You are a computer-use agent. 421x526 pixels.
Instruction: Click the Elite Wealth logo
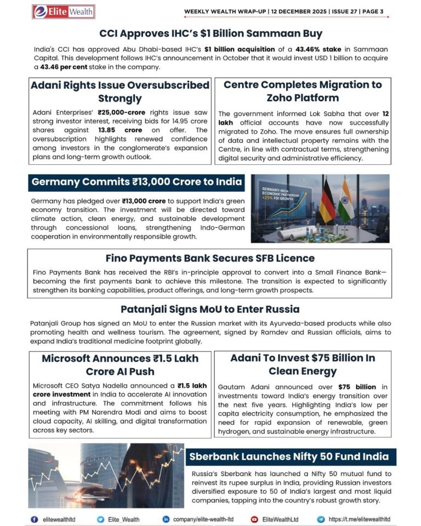[x=63, y=12]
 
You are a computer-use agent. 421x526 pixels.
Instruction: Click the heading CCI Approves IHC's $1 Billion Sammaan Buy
[x=210, y=34]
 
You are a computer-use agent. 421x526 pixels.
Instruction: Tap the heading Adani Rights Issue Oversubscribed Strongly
[x=120, y=92]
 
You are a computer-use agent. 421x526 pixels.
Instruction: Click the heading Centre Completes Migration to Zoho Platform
[x=303, y=91]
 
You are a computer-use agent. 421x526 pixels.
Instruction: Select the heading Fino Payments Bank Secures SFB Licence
[x=210, y=258]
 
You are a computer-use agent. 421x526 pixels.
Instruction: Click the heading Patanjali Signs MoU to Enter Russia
[x=210, y=308]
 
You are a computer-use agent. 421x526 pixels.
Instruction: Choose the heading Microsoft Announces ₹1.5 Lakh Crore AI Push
[x=120, y=365]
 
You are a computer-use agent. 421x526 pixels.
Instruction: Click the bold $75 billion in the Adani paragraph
[x=357, y=387]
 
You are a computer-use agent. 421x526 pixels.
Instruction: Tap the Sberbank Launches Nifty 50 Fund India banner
[x=289, y=456]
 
